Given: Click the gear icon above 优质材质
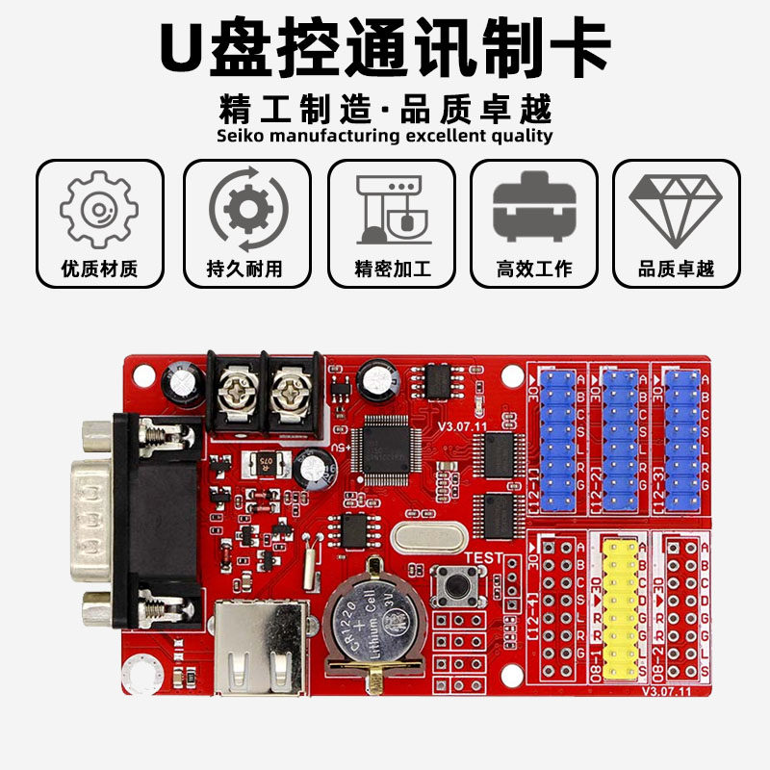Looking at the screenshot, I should [99, 209].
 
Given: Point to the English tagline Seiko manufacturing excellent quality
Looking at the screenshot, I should [385, 136].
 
